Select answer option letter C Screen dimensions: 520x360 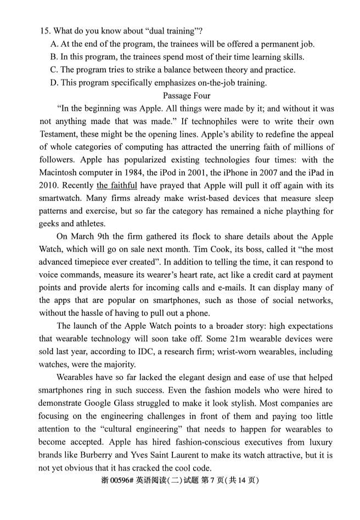pos(54,70)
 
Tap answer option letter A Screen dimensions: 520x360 pos(54,44)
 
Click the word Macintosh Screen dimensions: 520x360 pos(60,172)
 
